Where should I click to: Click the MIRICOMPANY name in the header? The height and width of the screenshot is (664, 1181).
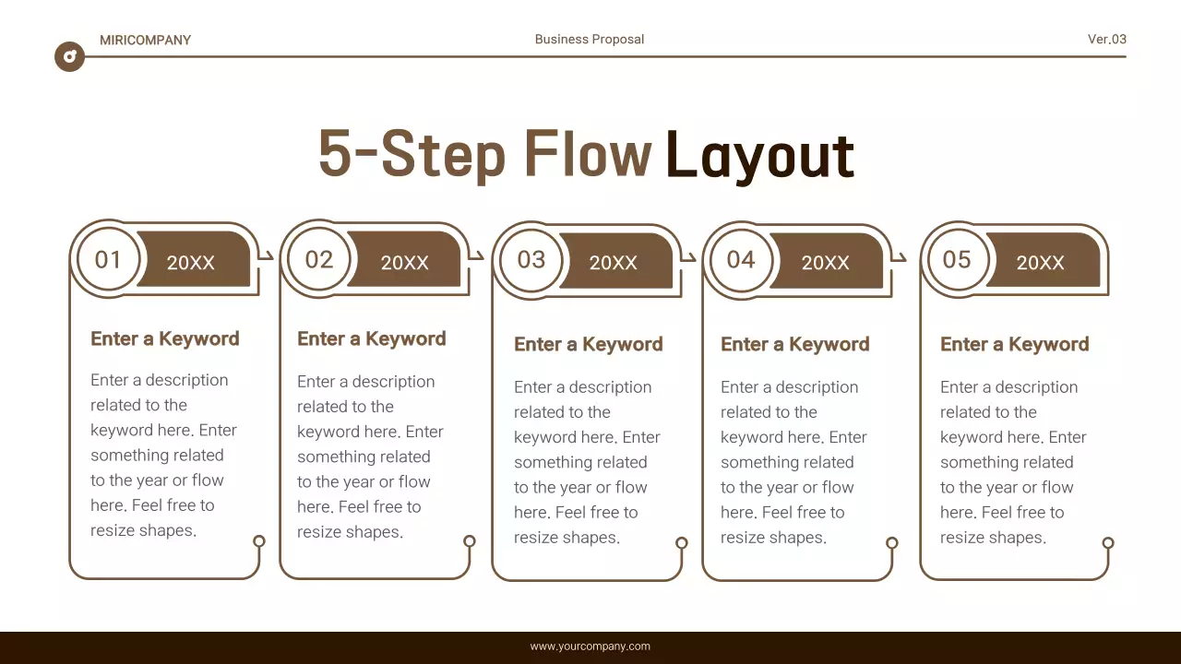coord(145,40)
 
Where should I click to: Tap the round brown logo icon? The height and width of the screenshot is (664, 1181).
coord(69,56)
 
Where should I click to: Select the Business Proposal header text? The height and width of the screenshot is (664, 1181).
coord(590,39)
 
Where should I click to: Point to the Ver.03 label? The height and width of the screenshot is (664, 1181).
coord(1106,39)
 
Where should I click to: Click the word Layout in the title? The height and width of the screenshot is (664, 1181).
coord(759,155)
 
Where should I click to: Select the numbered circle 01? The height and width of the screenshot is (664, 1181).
coord(108,259)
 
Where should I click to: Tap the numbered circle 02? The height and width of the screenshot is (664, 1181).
coord(318,259)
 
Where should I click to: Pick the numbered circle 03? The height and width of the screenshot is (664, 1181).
coord(531,259)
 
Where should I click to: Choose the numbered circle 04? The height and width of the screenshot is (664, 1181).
coord(741,259)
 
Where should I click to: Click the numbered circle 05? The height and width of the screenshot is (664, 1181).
coord(957,259)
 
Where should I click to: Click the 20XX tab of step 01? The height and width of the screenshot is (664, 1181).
coord(191,262)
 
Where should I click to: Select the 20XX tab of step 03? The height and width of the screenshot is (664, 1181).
coord(614,262)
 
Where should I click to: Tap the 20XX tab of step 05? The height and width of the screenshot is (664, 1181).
coord(1040,262)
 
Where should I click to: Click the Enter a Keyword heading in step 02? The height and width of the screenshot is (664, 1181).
coord(371,338)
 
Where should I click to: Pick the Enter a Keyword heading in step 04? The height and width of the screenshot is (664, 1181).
coord(794,344)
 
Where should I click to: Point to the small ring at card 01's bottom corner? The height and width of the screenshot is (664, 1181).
coord(259,541)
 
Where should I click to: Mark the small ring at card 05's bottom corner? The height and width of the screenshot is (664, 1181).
coord(1108,543)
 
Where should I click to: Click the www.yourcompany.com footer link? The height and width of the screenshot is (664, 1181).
coord(590,646)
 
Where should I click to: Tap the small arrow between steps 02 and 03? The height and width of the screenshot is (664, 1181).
coord(478,255)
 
